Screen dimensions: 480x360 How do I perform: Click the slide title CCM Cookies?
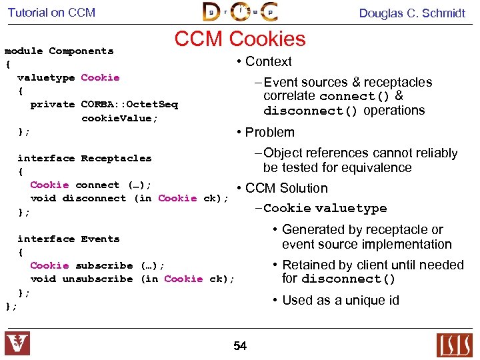[240, 39]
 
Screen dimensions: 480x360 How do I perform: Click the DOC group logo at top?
[240, 12]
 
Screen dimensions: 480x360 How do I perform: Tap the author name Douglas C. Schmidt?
[412, 13]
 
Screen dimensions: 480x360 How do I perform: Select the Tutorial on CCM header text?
[51, 13]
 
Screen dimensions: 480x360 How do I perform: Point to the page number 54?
[240, 345]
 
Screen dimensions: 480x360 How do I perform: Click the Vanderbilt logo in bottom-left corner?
[17, 343]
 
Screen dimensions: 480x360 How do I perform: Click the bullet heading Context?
[268, 61]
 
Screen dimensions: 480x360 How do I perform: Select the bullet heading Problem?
[269, 132]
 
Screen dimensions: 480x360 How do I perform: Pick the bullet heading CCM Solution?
[286, 188]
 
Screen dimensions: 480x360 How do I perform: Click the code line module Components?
[59, 51]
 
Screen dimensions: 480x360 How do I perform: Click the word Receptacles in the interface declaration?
[116, 158]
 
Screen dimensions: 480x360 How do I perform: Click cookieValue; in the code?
[119, 118]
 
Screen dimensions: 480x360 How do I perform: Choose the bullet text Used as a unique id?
[341, 300]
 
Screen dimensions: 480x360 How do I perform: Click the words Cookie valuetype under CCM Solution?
[325, 208]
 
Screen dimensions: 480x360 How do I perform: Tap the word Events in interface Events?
[100, 239]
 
